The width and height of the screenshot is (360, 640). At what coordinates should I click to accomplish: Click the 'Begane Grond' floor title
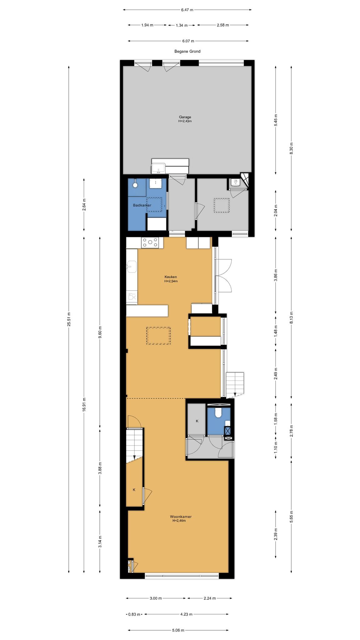(187, 51)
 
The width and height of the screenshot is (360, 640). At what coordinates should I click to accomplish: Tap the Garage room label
(185, 117)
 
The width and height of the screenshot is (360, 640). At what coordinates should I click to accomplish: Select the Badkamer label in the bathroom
(142, 205)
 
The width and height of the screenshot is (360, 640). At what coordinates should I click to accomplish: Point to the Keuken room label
(171, 277)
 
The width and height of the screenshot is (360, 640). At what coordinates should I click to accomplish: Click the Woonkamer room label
(181, 517)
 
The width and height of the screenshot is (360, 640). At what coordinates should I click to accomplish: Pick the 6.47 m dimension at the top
(187, 10)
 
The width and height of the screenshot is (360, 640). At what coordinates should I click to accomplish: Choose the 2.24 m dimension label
(209, 598)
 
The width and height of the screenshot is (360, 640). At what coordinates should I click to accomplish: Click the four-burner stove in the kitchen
(150, 243)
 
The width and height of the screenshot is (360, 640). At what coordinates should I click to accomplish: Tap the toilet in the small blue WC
(218, 413)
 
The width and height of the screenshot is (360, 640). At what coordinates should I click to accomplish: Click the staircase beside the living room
(134, 446)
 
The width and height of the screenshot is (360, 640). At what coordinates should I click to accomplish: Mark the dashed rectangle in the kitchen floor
(158, 336)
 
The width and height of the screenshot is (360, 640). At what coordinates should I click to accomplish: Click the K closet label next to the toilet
(197, 421)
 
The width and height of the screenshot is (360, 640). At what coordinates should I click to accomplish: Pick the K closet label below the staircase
(134, 490)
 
